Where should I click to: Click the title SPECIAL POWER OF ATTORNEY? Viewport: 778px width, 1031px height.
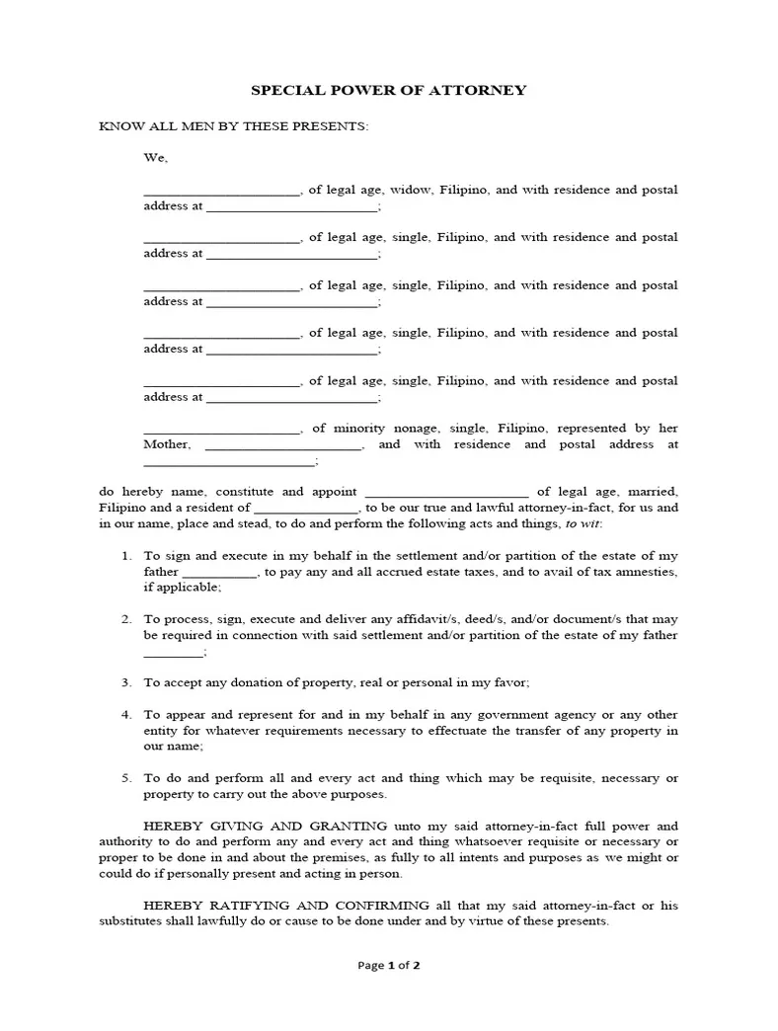[388, 90]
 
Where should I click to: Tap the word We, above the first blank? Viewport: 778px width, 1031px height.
[156, 157]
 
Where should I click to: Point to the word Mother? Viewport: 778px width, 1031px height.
[167, 444]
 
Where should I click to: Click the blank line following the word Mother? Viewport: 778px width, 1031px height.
[283, 446]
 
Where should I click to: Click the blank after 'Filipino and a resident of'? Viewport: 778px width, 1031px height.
[305, 509]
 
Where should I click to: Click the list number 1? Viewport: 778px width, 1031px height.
[125, 556]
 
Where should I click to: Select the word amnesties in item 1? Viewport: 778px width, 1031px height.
[646, 572]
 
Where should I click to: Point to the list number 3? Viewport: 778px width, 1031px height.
[125, 682]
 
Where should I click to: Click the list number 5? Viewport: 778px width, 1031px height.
[125, 778]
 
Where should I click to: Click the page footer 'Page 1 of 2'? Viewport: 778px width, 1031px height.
[388, 966]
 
